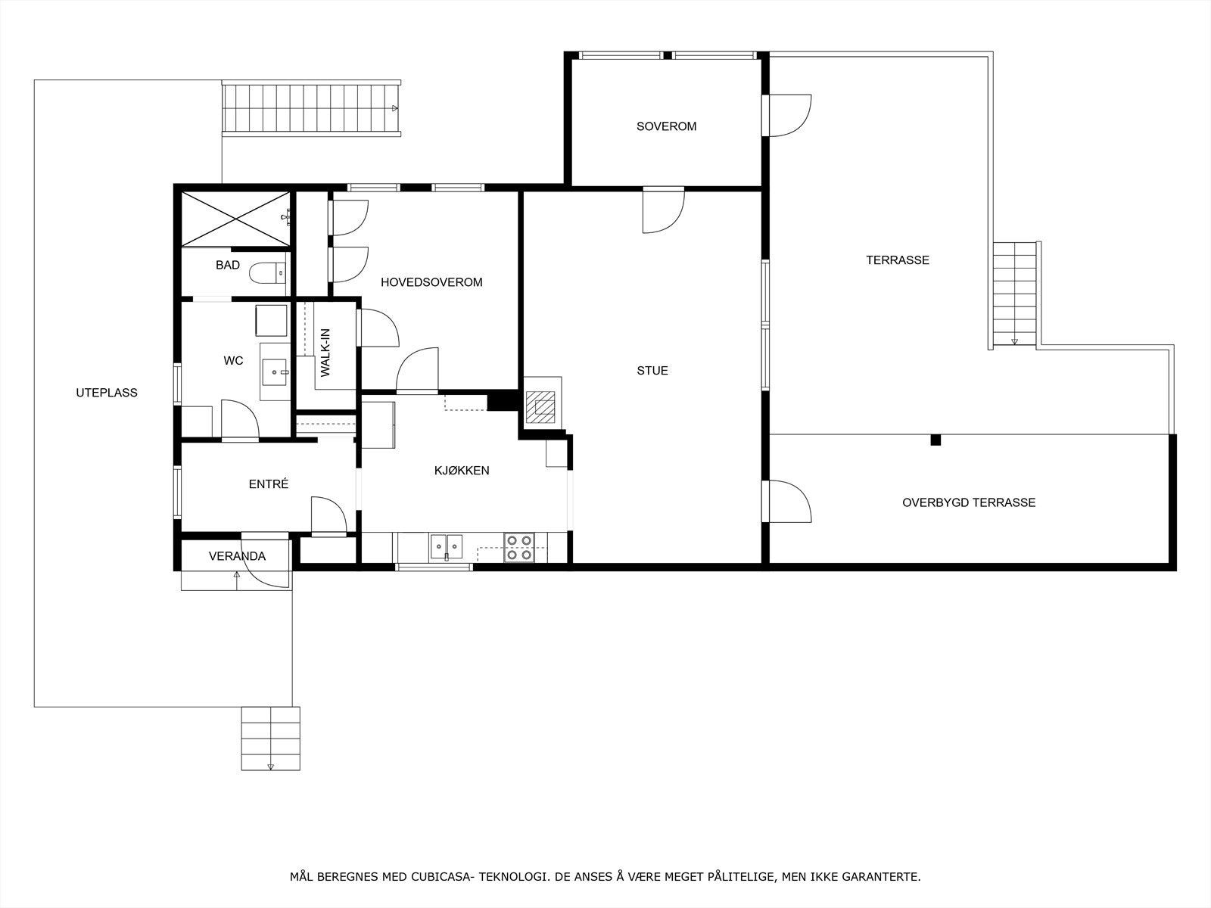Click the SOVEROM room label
click(x=666, y=126)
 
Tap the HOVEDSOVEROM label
click(x=431, y=282)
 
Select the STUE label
click(x=652, y=371)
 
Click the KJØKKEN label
click(x=462, y=471)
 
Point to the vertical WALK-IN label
click(x=325, y=353)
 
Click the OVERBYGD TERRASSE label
click(x=969, y=502)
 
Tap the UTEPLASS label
click(x=107, y=393)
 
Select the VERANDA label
click(x=237, y=556)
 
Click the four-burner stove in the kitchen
click(x=519, y=547)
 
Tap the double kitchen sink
click(x=447, y=546)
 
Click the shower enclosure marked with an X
click(x=235, y=219)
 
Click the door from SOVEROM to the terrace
click(x=789, y=116)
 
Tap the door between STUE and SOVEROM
click(x=663, y=210)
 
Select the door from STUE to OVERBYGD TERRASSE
click(x=789, y=502)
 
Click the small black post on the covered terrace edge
click(x=935, y=440)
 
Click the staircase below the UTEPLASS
click(x=270, y=739)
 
